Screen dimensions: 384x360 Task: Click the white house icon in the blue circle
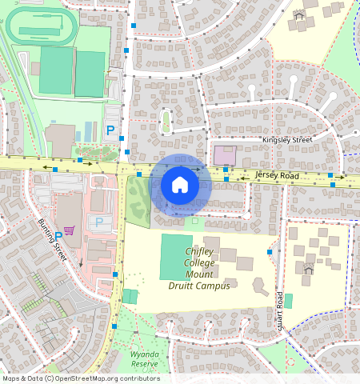(180, 186)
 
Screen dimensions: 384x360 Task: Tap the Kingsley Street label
(287, 140)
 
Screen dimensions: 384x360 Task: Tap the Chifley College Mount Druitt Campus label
(198, 269)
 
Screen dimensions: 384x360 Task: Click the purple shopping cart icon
(69, 230)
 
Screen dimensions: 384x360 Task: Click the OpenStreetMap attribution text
(80, 378)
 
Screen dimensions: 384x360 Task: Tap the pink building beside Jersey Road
(225, 156)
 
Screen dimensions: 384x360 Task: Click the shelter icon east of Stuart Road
(307, 269)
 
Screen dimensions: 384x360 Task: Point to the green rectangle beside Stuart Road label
(288, 301)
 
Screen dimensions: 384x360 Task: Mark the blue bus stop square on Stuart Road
(270, 252)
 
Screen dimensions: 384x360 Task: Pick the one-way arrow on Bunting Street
(81, 263)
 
